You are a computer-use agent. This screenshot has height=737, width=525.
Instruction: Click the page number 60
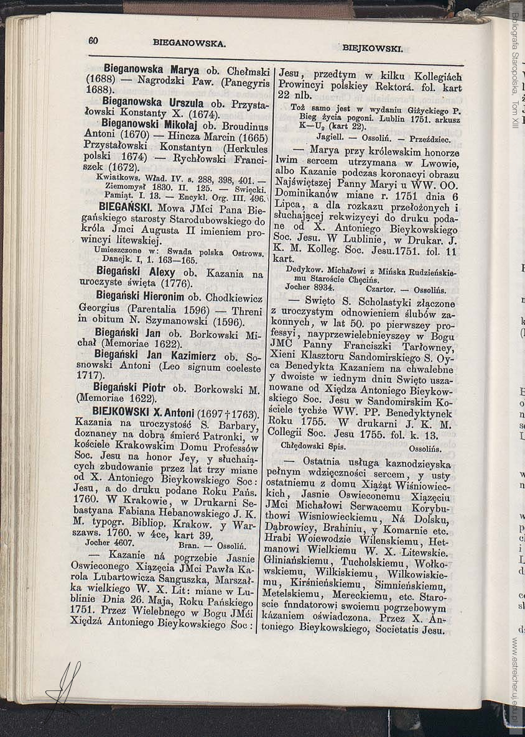coord(93,40)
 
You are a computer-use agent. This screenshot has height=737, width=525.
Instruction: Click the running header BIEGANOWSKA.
coord(189,43)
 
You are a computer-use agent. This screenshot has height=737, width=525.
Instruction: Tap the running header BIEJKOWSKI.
coord(372,47)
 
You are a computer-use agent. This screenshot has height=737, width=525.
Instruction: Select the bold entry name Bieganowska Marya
coord(151,70)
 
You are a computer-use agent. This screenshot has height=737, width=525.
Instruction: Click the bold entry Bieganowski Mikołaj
coord(151,122)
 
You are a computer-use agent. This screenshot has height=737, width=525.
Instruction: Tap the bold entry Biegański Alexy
coord(136,272)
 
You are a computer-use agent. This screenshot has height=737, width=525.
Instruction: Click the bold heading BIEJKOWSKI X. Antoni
coord(142,413)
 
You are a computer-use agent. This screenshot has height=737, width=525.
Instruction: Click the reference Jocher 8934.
coord(309,288)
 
